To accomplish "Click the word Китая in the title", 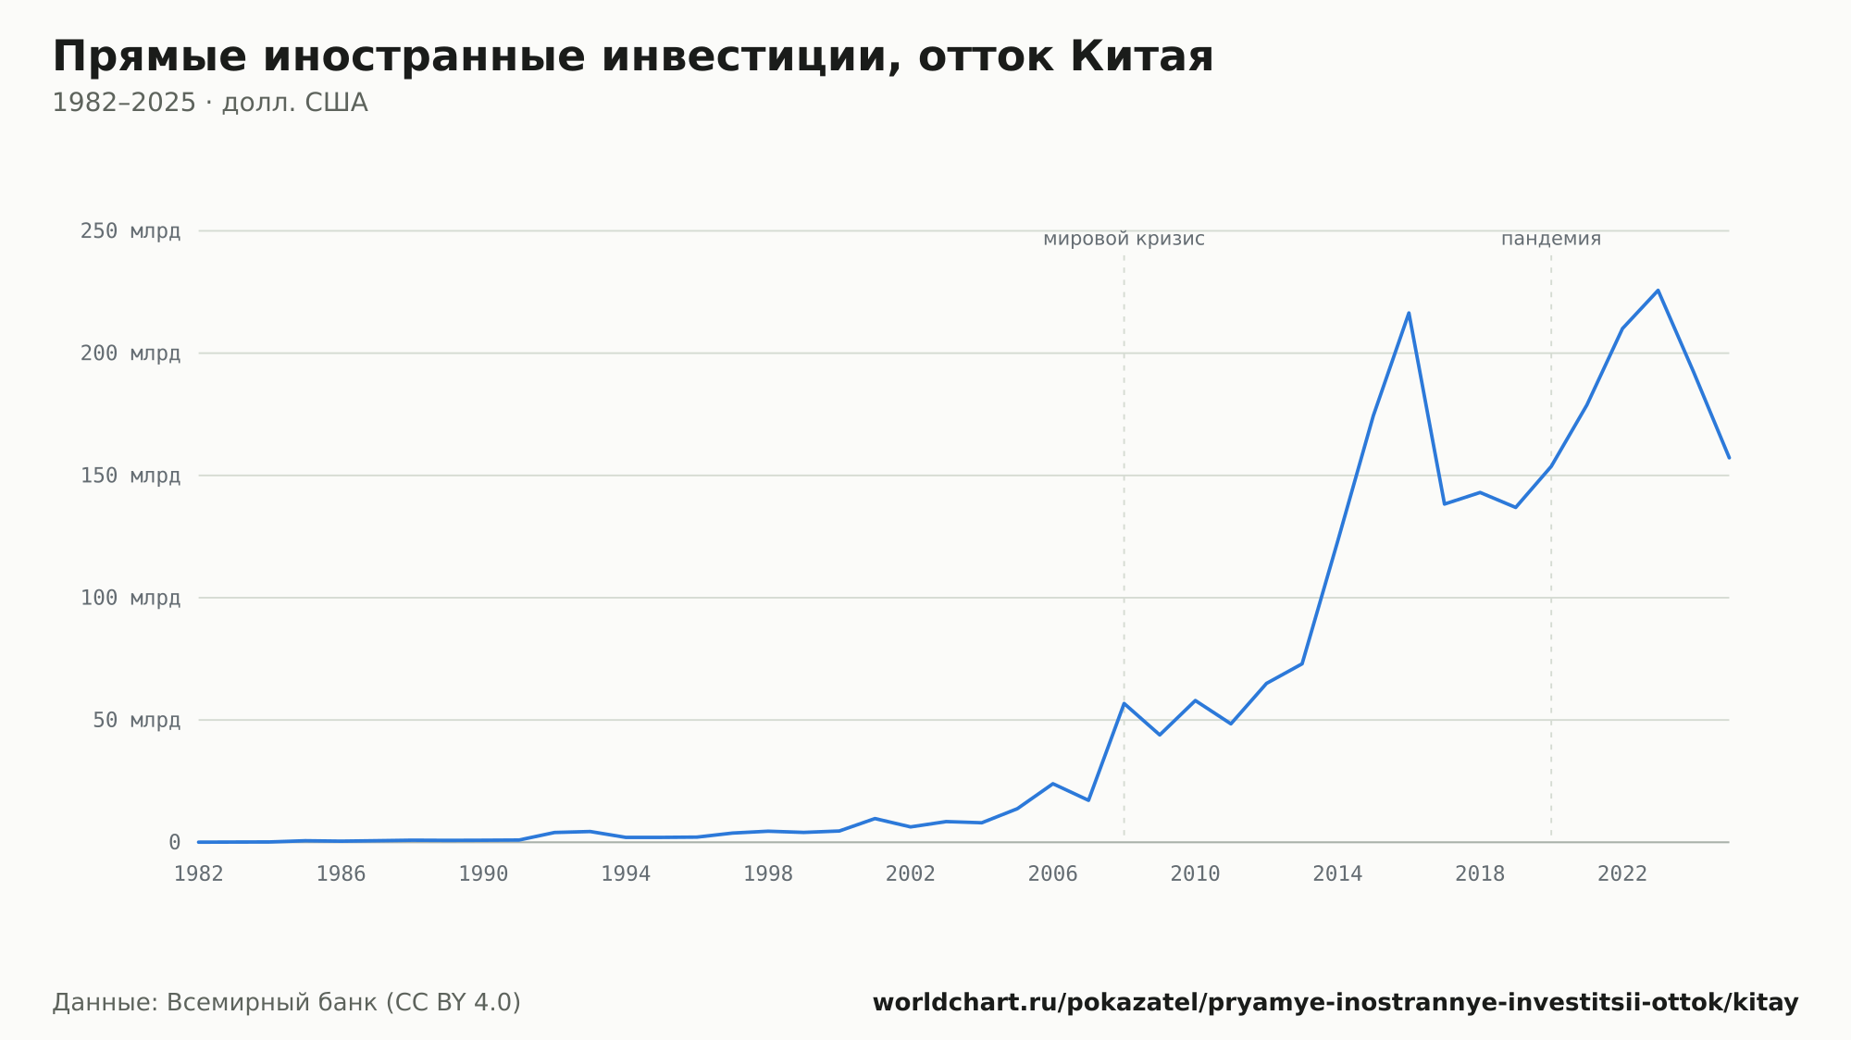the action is [1141, 56].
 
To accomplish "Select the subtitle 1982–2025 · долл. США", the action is [210, 103].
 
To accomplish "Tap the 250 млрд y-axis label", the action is [130, 231].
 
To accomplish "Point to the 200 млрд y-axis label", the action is [130, 353].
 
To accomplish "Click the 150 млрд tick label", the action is [130, 476].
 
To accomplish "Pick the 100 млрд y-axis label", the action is [130, 598].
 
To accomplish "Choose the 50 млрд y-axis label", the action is [136, 720].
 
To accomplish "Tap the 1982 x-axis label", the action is [199, 874].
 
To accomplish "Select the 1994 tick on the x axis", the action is [626, 874].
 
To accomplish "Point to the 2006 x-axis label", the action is [1053, 874].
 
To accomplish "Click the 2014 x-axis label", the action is [1337, 874].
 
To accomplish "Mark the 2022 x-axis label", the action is [1622, 874].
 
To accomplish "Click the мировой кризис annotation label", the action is [1124, 239].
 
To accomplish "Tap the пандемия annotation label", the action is [1551, 239].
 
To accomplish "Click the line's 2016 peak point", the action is [1409, 313].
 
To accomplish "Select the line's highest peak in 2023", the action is [1658, 291].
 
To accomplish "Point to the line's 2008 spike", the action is [1124, 703].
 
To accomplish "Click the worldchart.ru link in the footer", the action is [1335, 1003].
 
